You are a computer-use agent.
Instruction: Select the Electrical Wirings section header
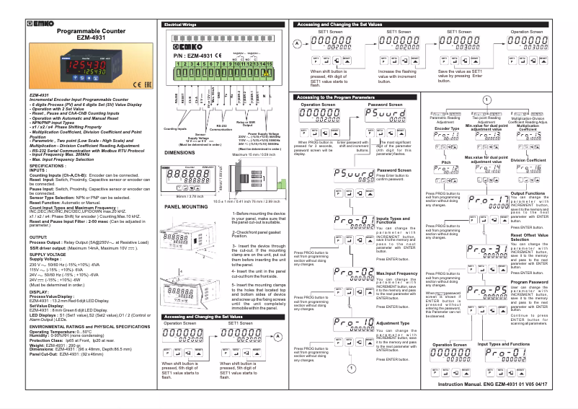[x=180, y=25]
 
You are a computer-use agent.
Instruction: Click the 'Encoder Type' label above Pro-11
[x=448, y=128]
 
